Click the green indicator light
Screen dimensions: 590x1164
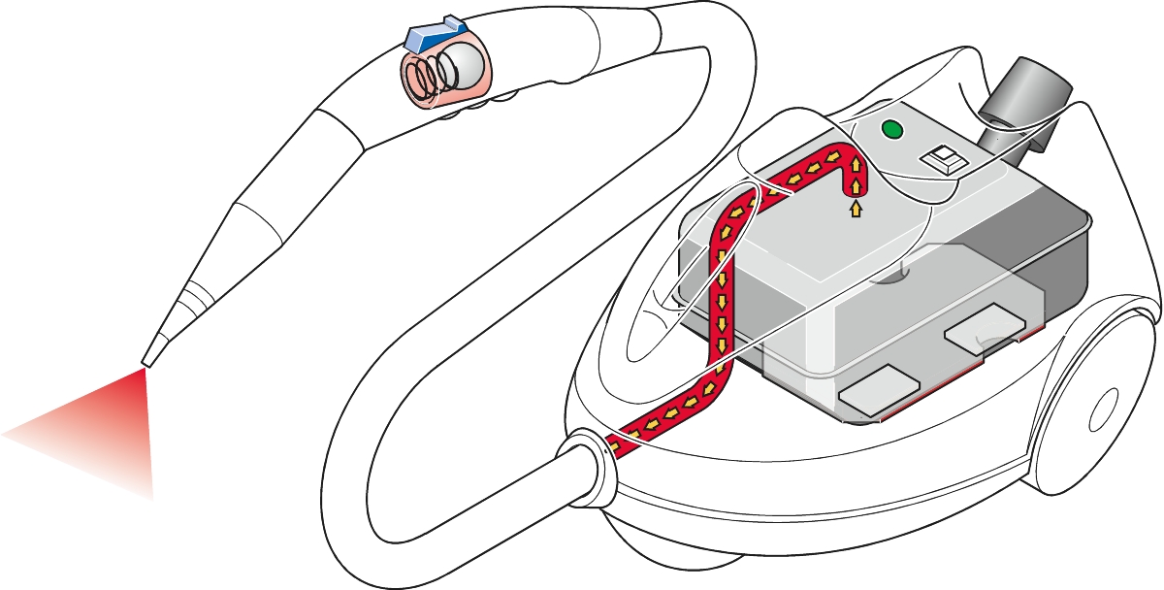890,129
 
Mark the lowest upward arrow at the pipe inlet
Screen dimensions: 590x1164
856,208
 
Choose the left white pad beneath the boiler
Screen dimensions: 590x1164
879,390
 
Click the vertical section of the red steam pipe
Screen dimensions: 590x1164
722,301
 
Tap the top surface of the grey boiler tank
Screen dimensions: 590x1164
824,252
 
